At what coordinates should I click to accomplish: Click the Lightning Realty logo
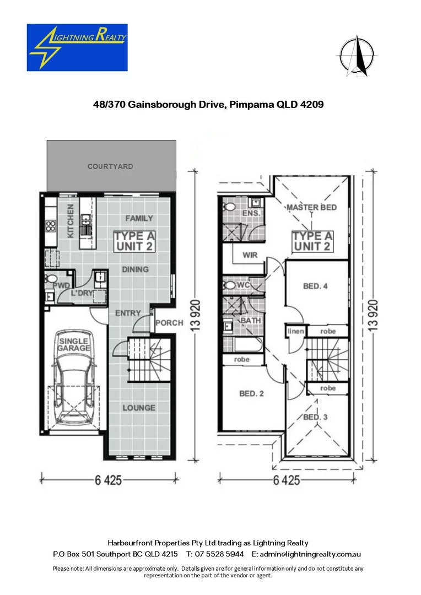pyautogui.click(x=77, y=47)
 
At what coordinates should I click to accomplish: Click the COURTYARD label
pyautogui.click(x=110, y=166)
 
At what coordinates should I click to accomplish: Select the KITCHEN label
pyautogui.click(x=71, y=221)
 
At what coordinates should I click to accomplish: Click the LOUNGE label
pyautogui.click(x=138, y=408)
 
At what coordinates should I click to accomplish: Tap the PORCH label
pyautogui.click(x=169, y=323)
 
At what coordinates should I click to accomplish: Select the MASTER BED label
pyautogui.click(x=311, y=207)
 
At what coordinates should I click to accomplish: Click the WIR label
pyautogui.click(x=250, y=255)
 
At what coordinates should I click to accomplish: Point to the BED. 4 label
pyautogui.click(x=315, y=286)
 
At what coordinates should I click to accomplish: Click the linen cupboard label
pyautogui.click(x=294, y=331)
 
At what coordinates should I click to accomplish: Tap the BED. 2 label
pyautogui.click(x=251, y=393)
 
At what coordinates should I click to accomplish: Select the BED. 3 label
pyautogui.click(x=316, y=417)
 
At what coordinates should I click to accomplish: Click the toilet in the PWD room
pyautogui.click(x=51, y=282)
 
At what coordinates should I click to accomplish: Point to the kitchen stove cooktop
pyautogui.click(x=50, y=225)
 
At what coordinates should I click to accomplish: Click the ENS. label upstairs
pyautogui.click(x=251, y=212)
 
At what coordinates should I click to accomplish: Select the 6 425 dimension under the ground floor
pyautogui.click(x=108, y=480)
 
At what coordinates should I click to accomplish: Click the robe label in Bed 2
pyautogui.click(x=241, y=359)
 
